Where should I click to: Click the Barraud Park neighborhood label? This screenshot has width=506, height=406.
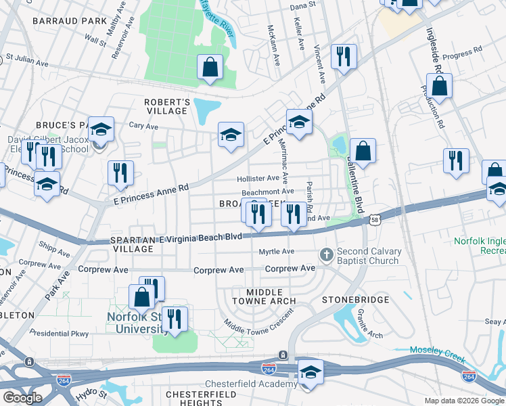pos(70,21)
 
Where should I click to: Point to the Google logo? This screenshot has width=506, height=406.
pos(22,397)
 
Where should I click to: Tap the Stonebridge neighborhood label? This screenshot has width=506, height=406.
pos(355,299)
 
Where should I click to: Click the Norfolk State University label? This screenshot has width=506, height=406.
pos(139,322)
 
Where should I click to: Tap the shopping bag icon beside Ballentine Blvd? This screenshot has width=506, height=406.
pos(363,152)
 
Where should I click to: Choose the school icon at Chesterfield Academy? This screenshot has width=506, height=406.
pos(310,371)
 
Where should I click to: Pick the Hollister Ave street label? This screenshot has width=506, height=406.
pos(258,179)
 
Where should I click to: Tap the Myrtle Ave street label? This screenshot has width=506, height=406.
pos(277,252)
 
